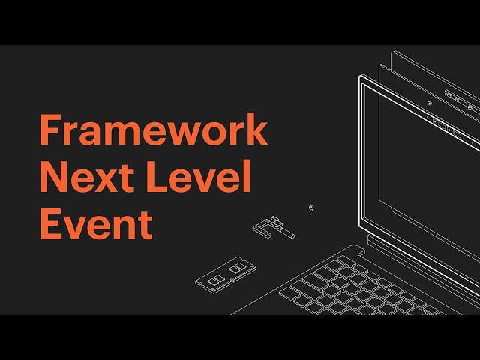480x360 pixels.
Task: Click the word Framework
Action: click(x=153, y=131)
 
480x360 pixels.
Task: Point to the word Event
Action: click(x=95, y=224)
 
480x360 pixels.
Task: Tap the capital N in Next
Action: click(x=53, y=178)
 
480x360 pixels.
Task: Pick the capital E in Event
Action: click(x=49, y=224)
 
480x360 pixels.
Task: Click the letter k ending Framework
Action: click(x=256, y=131)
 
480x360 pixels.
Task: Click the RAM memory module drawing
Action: click(x=225, y=273)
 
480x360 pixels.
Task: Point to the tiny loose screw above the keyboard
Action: click(x=311, y=207)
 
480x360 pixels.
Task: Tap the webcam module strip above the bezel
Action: click(x=459, y=97)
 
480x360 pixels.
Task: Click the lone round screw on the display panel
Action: click(x=429, y=103)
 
